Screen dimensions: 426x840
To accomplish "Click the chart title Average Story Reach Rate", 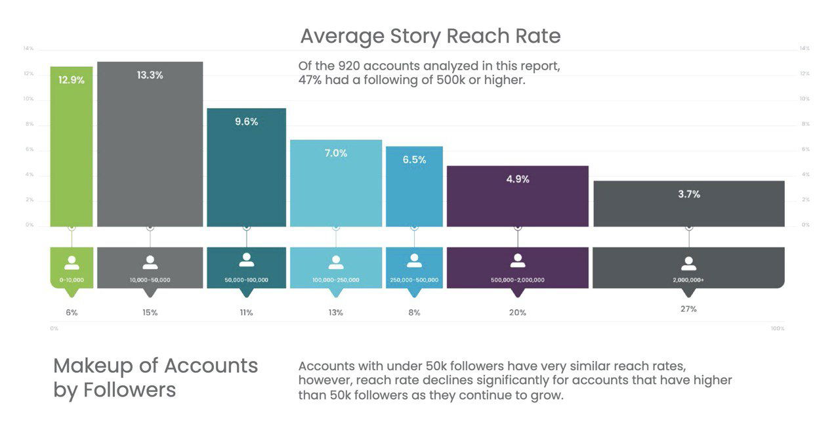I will click(430, 36).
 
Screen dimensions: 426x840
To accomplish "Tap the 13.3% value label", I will click(150, 75).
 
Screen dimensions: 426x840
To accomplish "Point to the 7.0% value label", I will click(335, 153).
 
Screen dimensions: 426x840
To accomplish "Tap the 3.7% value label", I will click(688, 194).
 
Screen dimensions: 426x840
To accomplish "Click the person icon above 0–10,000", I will click(72, 263).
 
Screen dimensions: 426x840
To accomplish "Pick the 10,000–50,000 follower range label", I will click(150, 280).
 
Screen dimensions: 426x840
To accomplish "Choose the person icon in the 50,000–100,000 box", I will click(246, 261).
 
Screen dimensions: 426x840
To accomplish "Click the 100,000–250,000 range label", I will click(335, 280).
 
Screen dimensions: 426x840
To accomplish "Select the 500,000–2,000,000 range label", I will click(517, 280).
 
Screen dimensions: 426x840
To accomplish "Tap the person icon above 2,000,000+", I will click(688, 263).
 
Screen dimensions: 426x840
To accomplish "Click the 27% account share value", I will click(688, 309).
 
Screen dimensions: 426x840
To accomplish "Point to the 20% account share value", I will click(517, 312).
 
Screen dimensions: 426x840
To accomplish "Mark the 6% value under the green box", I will click(72, 312).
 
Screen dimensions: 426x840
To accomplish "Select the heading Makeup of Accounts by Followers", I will click(156, 377).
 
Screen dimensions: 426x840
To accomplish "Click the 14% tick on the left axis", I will click(28, 49).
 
